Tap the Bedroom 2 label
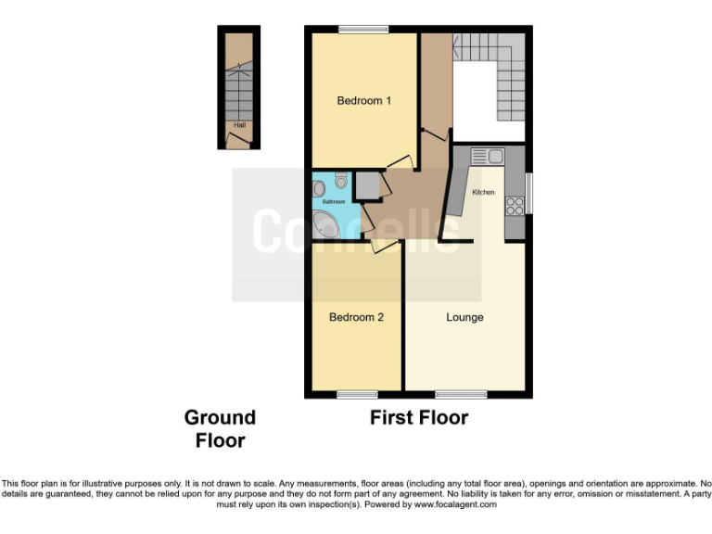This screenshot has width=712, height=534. (x=356, y=317)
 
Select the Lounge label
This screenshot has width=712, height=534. (x=464, y=317)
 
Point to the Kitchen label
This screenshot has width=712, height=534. (x=483, y=192)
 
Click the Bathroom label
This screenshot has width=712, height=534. (x=333, y=201)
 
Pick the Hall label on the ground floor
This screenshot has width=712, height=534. (x=239, y=125)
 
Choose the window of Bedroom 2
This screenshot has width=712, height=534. (x=356, y=394)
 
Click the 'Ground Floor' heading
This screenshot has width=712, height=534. (x=220, y=428)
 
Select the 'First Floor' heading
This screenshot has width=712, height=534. (x=419, y=418)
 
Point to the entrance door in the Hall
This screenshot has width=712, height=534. (x=239, y=141)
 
